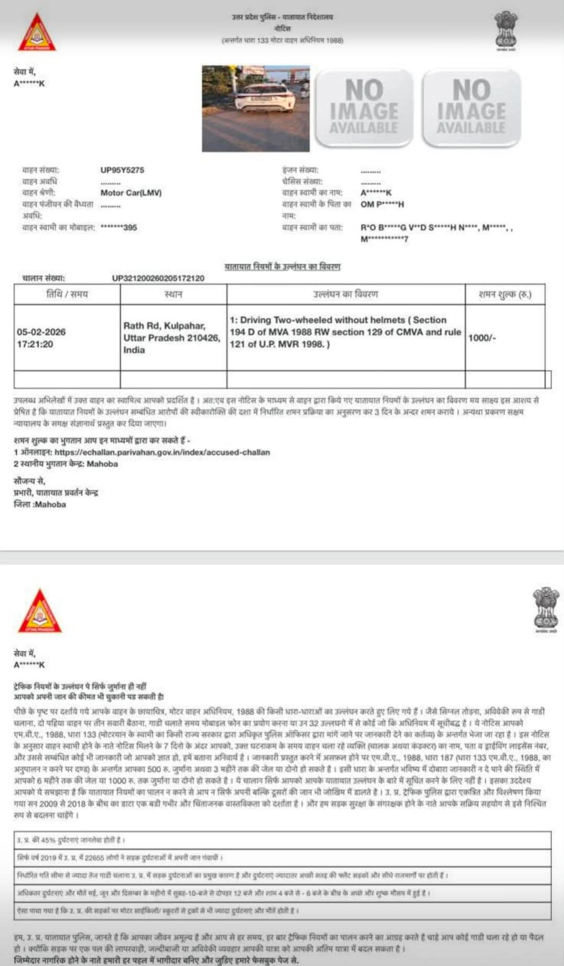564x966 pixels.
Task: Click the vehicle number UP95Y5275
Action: (x=122, y=170)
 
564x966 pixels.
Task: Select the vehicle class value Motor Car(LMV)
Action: (x=131, y=193)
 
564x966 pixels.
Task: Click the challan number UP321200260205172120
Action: (x=158, y=278)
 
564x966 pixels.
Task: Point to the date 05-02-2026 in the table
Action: (x=41, y=332)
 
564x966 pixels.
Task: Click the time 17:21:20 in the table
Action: (x=35, y=344)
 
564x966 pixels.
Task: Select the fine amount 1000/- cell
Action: (x=482, y=338)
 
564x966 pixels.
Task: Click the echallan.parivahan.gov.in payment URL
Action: (x=162, y=452)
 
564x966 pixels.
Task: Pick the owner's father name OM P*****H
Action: (x=382, y=204)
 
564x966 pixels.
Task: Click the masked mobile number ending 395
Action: (x=118, y=227)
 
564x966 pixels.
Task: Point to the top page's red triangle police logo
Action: (x=37, y=34)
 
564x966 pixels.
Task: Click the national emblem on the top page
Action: (x=505, y=31)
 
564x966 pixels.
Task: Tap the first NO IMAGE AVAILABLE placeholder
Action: (x=364, y=107)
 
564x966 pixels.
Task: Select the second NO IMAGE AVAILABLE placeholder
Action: (x=471, y=107)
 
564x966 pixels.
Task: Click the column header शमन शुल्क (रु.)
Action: (x=504, y=294)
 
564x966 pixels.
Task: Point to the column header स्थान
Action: (x=173, y=294)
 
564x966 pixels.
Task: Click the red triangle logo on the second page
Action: (x=40, y=612)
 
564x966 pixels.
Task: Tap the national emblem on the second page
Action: (x=546, y=609)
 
